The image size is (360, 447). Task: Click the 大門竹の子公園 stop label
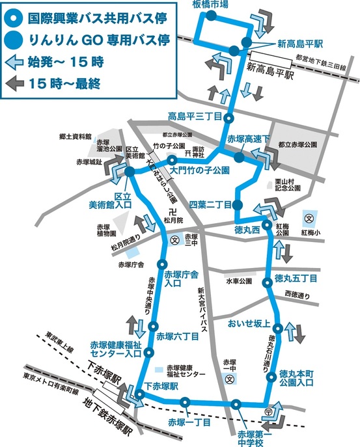tap(201, 170)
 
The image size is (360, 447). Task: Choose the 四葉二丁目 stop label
tap(210, 204)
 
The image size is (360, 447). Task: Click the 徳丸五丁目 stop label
tap(296, 278)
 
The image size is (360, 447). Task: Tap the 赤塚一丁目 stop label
tap(189, 422)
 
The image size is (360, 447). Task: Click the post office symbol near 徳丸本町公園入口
tap(268, 411)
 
